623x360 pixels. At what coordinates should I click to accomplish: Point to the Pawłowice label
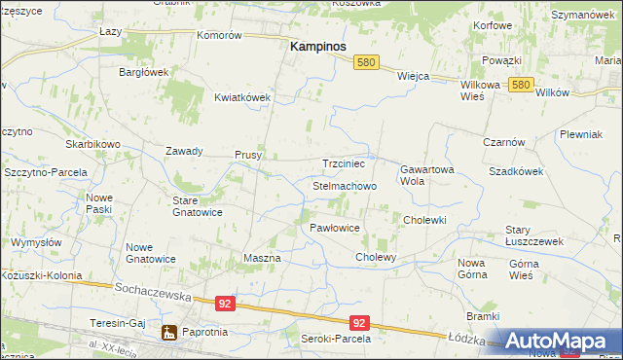[x=335, y=228]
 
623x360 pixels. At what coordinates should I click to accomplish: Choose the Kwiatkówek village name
[x=242, y=97]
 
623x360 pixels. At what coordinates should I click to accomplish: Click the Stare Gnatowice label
[x=198, y=205]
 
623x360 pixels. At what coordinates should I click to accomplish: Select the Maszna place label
[x=261, y=258]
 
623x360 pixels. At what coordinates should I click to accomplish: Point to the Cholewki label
[x=424, y=220]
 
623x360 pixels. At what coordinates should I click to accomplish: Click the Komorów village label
[x=219, y=35]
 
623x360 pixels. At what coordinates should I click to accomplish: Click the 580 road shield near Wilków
[x=521, y=86]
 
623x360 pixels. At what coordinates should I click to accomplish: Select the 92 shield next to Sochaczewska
[x=226, y=304]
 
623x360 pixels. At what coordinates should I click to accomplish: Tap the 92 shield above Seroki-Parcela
[x=359, y=323]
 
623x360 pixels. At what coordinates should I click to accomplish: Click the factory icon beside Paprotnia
[x=169, y=334]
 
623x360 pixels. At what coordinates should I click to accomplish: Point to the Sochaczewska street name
[x=149, y=290]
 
